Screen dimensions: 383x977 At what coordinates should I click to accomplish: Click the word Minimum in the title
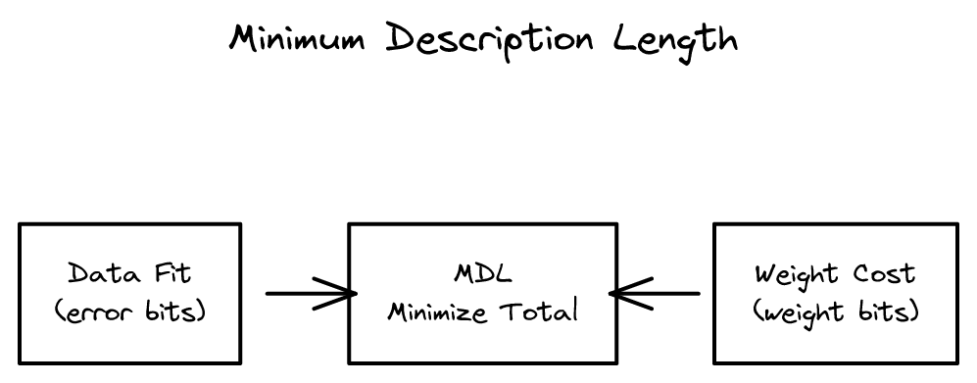click(x=298, y=38)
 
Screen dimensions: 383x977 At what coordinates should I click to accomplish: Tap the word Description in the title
click(x=490, y=40)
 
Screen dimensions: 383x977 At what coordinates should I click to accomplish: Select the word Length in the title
click(x=675, y=38)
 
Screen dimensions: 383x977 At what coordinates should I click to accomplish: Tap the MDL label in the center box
click(x=482, y=272)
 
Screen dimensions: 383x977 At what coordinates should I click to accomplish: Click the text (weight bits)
click(x=836, y=312)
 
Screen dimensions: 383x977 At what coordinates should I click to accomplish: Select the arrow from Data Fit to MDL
click(x=309, y=293)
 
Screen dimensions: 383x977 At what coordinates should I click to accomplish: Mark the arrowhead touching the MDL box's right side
click(x=624, y=293)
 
